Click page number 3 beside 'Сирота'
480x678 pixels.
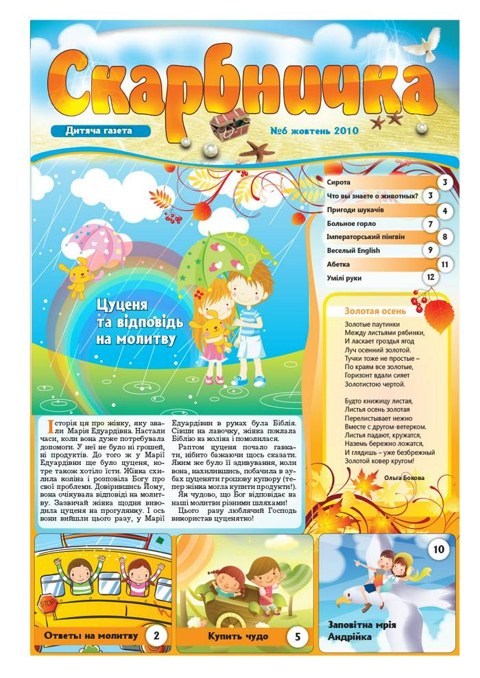445,182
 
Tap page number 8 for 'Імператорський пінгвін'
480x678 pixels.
445,238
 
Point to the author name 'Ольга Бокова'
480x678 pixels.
405,477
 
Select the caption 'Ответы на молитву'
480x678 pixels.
91,636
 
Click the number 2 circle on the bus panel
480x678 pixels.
156,636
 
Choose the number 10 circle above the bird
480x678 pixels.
439,549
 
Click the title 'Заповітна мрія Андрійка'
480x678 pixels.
362,630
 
